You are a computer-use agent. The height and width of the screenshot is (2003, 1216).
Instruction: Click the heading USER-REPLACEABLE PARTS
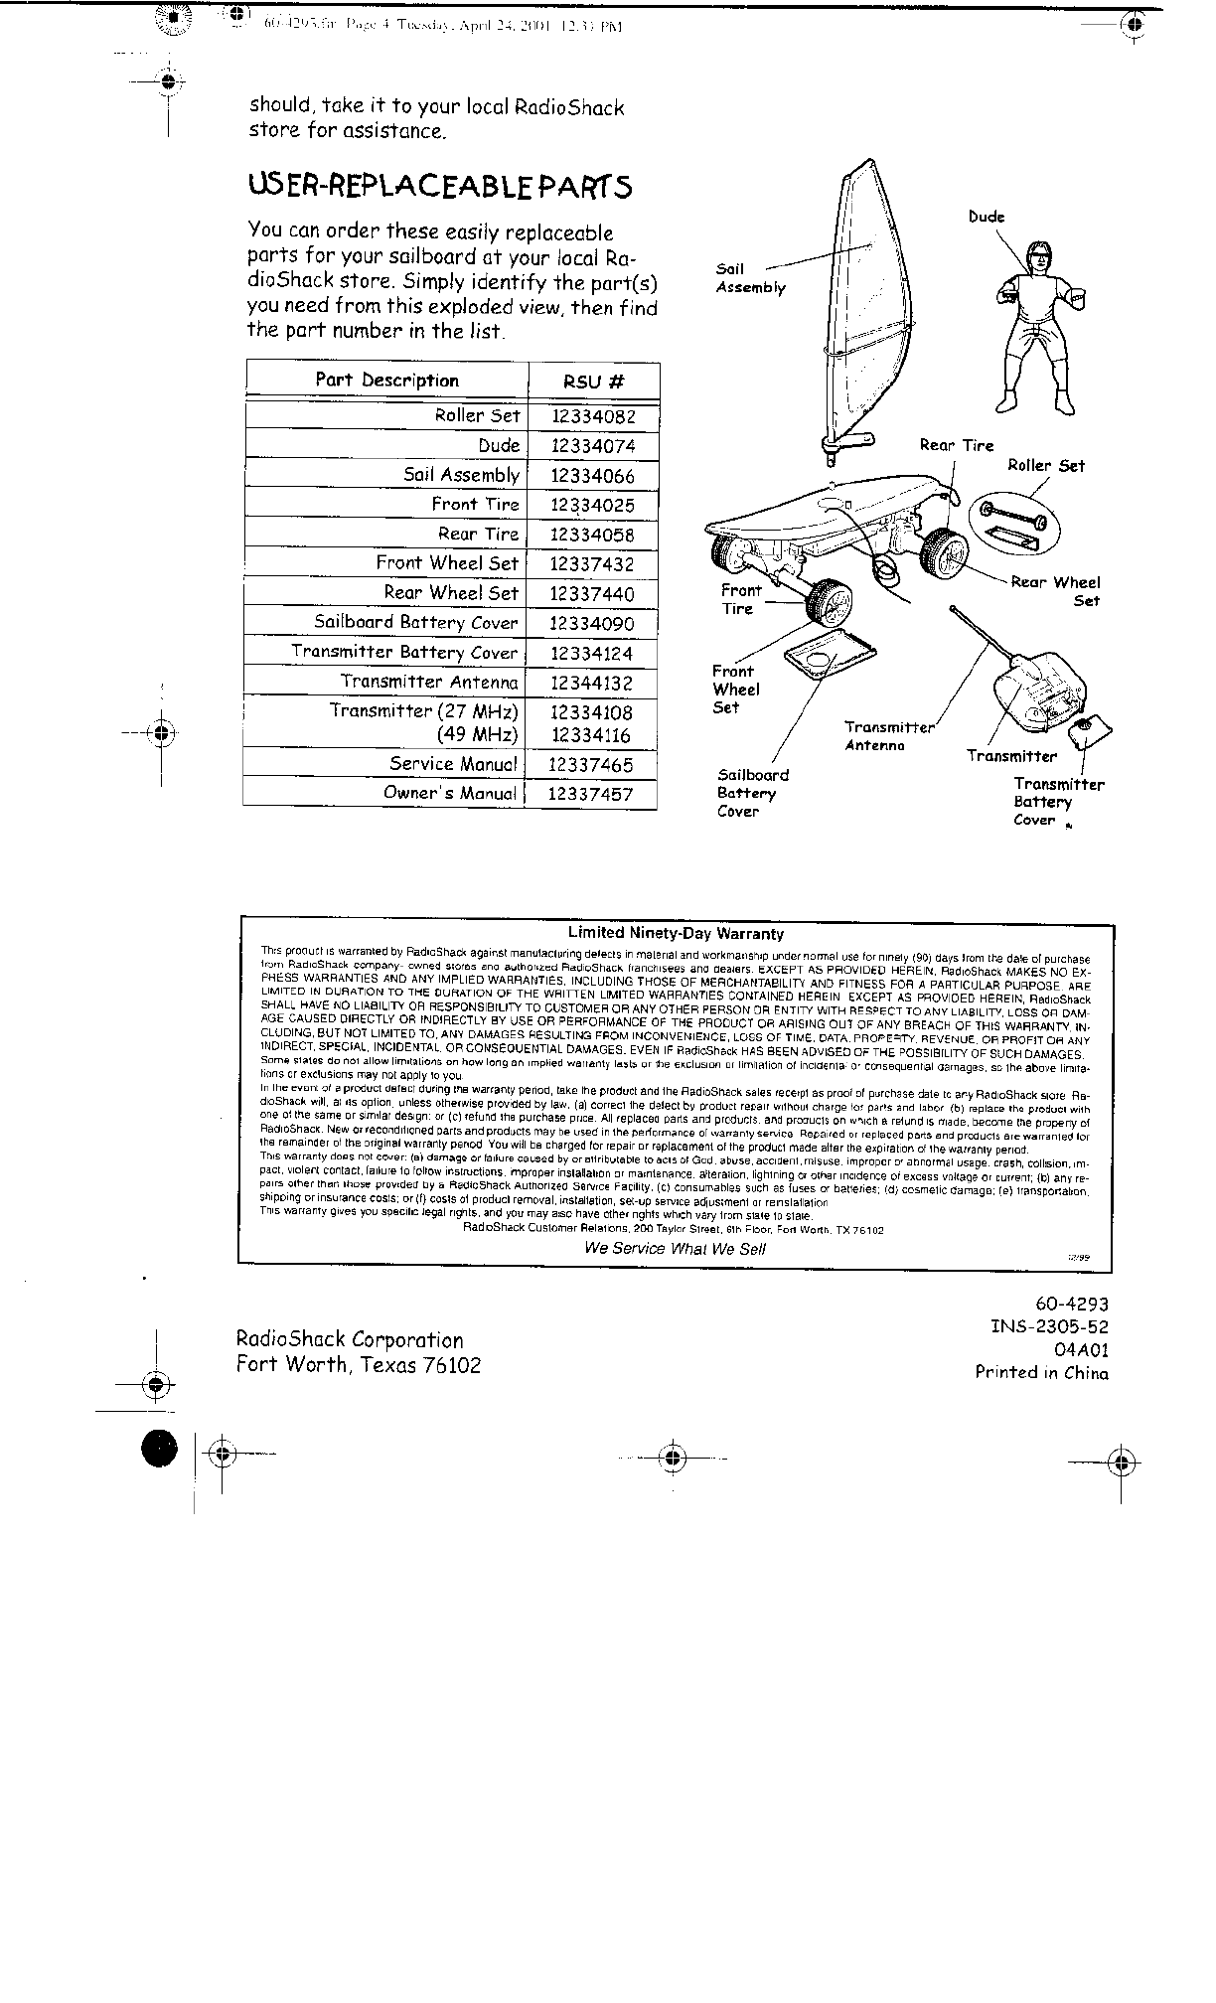pos(439,187)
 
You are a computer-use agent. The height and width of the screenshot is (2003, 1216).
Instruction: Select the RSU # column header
pos(593,382)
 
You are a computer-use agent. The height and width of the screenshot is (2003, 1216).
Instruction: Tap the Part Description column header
pos(386,381)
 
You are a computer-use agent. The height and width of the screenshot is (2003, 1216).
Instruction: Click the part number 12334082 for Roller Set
pos(592,416)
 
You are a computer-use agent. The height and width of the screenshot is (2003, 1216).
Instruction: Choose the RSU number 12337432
pos(592,564)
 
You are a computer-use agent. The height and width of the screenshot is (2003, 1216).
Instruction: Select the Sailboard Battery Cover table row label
pos(416,623)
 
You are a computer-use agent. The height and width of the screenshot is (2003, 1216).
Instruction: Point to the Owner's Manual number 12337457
pos(590,795)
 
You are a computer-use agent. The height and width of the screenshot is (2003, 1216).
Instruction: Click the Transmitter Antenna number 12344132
pos(590,683)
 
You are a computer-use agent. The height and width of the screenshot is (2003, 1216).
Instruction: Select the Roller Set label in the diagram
pos(1046,466)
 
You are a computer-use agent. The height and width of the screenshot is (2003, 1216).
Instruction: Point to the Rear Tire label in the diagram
pos(956,445)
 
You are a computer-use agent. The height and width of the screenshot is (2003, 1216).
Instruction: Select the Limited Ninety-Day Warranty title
pos(676,933)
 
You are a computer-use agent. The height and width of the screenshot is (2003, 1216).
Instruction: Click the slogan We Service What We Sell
pos(675,1249)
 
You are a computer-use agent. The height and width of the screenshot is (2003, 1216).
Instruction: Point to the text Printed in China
pos(1041,1373)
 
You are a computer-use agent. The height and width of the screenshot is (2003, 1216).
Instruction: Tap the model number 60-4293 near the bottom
pos(1071,1305)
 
